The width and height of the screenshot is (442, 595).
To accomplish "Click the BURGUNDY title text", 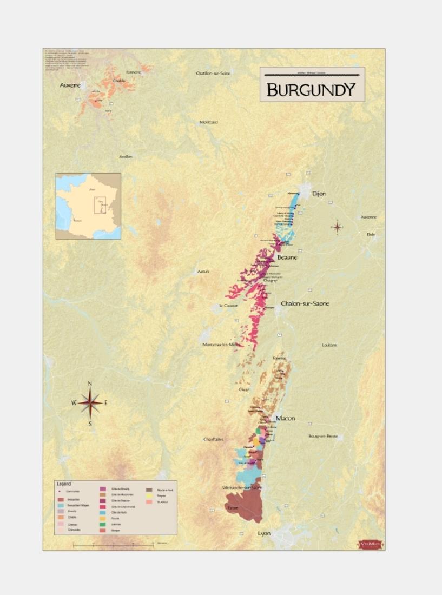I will (x=311, y=89).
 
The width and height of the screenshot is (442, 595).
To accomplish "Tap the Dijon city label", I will (x=319, y=194).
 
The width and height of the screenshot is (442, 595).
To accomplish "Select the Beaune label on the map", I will (x=287, y=257).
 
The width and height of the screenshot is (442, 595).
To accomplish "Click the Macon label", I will (x=285, y=418).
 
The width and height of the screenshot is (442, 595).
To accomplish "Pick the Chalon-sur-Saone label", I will (x=305, y=303).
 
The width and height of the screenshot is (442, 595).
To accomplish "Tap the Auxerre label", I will (x=70, y=85).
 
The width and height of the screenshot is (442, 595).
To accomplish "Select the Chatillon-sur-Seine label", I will (x=213, y=73).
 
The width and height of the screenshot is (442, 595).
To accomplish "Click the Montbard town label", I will (x=209, y=122).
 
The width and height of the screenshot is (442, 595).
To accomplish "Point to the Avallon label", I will (x=126, y=157).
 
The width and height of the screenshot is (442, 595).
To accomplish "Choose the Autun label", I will (x=203, y=271).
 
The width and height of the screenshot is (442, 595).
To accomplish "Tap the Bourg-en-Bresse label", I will (x=323, y=435).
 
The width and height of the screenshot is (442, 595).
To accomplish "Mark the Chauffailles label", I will (x=213, y=439).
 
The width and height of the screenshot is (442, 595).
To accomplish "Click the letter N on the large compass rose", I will (x=90, y=384).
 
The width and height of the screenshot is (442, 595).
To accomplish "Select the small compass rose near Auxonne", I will (x=337, y=227).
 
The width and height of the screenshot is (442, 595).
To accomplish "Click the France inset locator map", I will (x=88, y=206).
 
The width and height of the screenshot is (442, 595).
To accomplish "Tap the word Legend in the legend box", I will (x=64, y=484).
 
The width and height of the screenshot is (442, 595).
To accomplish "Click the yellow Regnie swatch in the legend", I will (x=149, y=495).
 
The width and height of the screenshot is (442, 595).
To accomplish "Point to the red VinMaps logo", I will (x=371, y=544).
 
